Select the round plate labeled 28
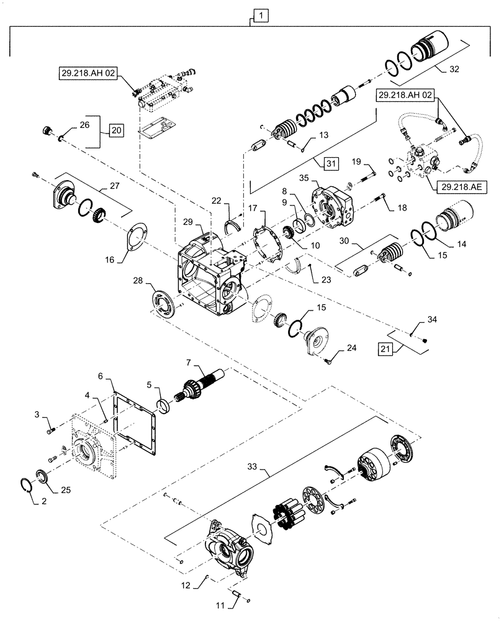pyautogui.click(x=165, y=304)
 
